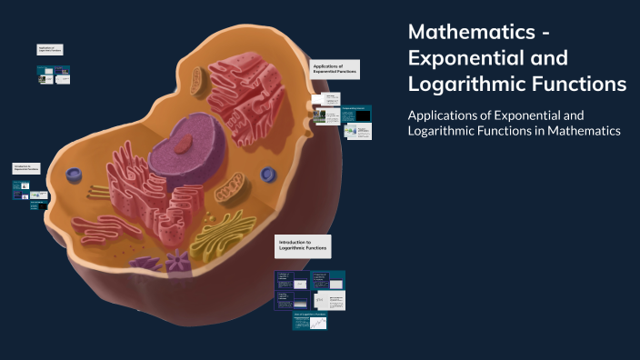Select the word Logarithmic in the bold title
pyautogui.click(x=465, y=84)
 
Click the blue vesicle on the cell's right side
pyautogui.click(x=267, y=174)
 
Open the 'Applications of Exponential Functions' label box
pyautogui.click(x=334, y=69)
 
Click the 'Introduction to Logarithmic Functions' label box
pyautogui.click(x=302, y=245)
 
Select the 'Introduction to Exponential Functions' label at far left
pyautogui.click(x=26, y=168)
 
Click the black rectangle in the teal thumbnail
pyautogui.click(x=362, y=116)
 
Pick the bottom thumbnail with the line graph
pyautogui.click(x=318, y=322)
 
